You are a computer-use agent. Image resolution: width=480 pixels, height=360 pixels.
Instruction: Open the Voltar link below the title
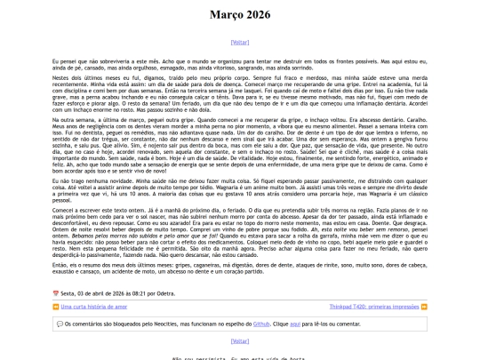click(x=239, y=42)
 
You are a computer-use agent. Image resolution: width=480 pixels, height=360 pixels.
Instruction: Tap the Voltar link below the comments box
click(x=239, y=340)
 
